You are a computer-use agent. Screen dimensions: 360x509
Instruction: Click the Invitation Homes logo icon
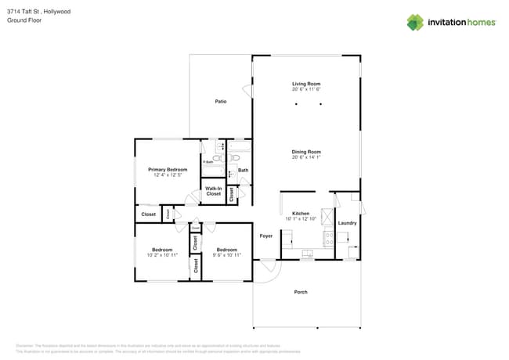coord(415,22)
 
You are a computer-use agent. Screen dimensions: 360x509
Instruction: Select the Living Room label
coord(306,84)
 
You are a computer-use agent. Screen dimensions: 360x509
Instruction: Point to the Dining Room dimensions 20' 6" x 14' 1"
coord(306,157)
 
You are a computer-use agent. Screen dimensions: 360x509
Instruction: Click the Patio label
coord(221,102)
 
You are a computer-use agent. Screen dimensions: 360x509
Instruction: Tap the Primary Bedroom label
coord(168,169)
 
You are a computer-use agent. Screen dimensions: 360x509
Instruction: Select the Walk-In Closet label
coord(213,190)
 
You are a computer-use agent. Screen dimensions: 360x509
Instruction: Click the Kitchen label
coord(301,213)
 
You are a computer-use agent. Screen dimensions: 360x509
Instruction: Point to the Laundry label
coord(347,223)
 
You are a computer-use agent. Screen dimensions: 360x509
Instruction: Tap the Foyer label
coord(266,235)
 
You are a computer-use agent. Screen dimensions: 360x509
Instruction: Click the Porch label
coord(301,292)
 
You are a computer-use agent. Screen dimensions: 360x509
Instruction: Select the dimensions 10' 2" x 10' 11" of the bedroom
coord(161,255)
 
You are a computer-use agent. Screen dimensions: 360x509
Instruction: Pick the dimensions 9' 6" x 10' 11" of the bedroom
coord(226,255)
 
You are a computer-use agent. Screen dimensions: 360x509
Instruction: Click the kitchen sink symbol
coord(308,254)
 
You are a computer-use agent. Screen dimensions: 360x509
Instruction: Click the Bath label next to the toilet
coord(243,170)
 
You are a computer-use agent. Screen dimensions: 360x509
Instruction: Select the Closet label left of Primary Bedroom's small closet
coord(148,214)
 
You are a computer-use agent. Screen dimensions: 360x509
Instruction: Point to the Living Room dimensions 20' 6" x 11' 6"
coord(306,89)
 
